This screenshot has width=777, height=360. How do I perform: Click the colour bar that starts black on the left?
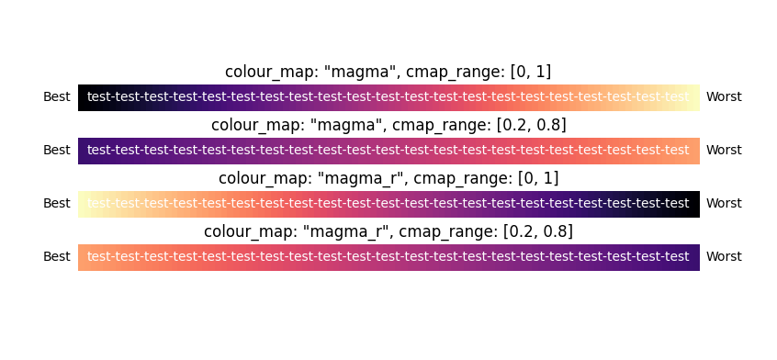click(x=388, y=97)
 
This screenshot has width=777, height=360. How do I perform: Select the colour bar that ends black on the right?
click(x=388, y=204)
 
